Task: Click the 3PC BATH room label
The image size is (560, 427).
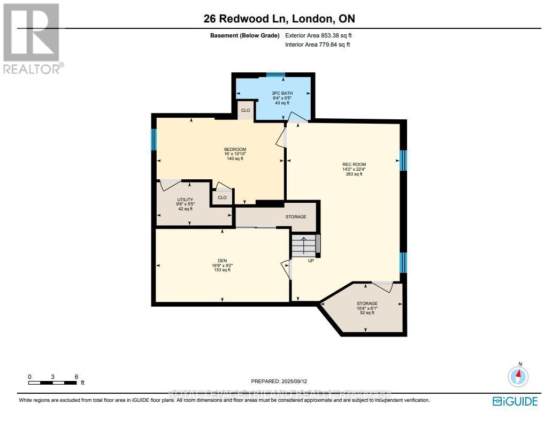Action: pos(282,93)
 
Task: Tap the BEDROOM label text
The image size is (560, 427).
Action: pos(235,149)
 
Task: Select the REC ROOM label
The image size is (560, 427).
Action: pos(354,164)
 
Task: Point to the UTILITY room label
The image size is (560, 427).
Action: pos(185,200)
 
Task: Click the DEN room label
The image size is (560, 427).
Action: pos(222,261)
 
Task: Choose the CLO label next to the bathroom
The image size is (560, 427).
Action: pos(246,111)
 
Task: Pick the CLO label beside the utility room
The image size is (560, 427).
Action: pos(222,197)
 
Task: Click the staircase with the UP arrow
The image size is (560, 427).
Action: pos(304,246)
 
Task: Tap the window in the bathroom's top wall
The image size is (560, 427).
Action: pos(275,75)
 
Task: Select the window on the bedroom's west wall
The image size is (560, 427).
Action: pos(154,140)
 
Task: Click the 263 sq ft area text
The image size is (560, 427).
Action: pos(354,174)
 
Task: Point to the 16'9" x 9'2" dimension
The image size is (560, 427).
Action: pos(222,265)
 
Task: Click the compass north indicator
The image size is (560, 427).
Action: pos(518,376)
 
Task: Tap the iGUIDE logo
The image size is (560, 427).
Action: pos(515,401)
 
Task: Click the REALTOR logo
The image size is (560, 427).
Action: pos(32,37)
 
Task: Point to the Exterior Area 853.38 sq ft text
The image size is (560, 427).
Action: pos(318,36)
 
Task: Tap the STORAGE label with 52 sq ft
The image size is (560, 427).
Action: pos(367,304)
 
